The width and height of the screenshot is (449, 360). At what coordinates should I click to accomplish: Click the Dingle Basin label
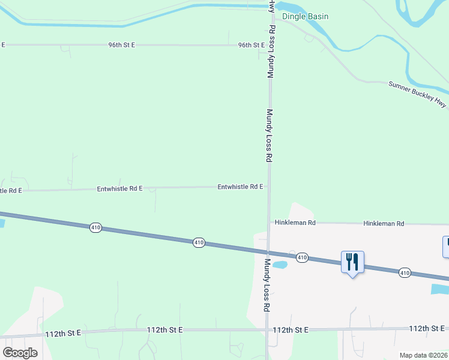point(306,16)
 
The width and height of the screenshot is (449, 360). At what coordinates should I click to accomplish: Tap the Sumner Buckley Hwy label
point(418,94)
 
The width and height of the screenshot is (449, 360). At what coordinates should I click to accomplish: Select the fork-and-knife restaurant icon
point(352,262)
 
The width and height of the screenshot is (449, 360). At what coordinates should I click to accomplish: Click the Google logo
point(20,353)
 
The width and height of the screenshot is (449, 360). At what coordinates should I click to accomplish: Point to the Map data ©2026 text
point(423,355)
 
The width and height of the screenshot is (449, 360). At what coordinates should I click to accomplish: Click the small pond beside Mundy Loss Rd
point(280,264)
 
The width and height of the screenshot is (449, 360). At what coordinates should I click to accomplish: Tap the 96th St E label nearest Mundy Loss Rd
point(252,45)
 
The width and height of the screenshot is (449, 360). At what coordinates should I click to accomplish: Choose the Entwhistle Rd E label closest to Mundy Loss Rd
point(240,187)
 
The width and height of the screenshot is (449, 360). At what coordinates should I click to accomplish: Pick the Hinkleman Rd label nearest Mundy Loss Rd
point(295,223)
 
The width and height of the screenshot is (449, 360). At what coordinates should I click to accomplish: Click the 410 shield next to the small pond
point(302,257)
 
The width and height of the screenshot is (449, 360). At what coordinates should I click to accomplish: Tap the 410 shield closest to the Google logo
point(95,227)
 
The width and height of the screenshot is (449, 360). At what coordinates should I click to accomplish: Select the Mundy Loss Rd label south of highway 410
point(265,285)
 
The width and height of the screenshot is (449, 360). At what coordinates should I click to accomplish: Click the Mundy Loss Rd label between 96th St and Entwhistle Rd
point(270,135)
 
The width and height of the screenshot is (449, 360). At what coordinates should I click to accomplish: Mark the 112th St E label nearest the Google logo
point(62,332)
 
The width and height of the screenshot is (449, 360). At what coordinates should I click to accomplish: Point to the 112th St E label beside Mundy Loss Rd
point(290,330)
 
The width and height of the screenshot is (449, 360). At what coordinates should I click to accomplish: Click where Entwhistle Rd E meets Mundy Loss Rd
point(268,187)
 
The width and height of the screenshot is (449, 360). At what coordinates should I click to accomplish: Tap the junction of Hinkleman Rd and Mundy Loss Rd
point(268,223)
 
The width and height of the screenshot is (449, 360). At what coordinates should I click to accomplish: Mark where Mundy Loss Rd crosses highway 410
point(268,250)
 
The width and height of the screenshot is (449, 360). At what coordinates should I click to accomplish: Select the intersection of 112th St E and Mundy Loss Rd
point(267,330)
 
